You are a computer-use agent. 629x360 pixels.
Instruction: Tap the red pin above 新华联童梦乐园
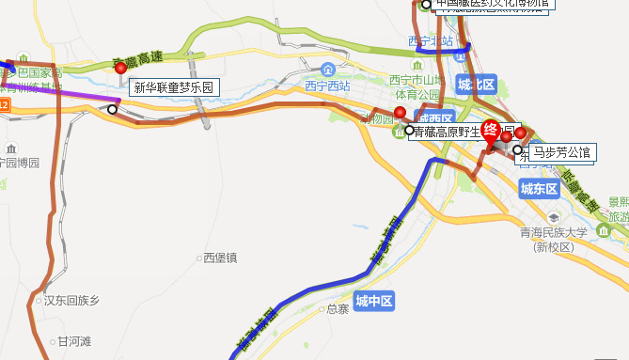point(119,69)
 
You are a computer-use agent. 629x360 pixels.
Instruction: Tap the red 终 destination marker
point(490,133)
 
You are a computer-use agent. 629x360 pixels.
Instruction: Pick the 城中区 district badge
point(373,302)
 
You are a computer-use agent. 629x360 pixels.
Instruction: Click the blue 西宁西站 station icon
point(327,70)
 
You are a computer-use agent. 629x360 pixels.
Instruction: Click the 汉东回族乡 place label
point(71,301)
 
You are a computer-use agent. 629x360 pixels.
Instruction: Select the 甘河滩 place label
point(75,341)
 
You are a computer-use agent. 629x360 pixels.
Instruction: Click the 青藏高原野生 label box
point(449,133)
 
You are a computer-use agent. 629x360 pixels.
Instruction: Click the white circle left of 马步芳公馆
point(516,149)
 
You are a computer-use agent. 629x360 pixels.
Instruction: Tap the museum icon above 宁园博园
point(10,149)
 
